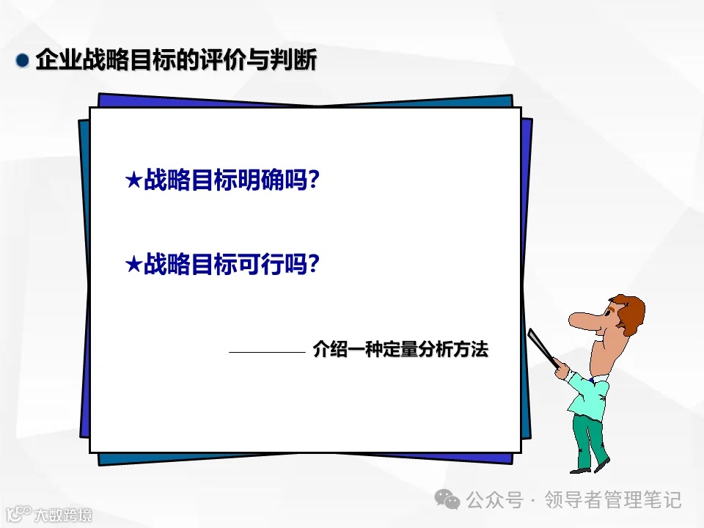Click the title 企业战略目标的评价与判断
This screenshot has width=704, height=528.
click(176, 60)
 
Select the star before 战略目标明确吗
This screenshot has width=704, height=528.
click(133, 180)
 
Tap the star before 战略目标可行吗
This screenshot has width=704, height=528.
click(133, 264)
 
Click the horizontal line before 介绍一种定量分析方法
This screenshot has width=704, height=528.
click(266, 352)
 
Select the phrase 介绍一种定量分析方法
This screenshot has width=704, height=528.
click(400, 349)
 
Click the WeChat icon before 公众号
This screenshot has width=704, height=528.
click(448, 500)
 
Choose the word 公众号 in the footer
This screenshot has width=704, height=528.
click(494, 500)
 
